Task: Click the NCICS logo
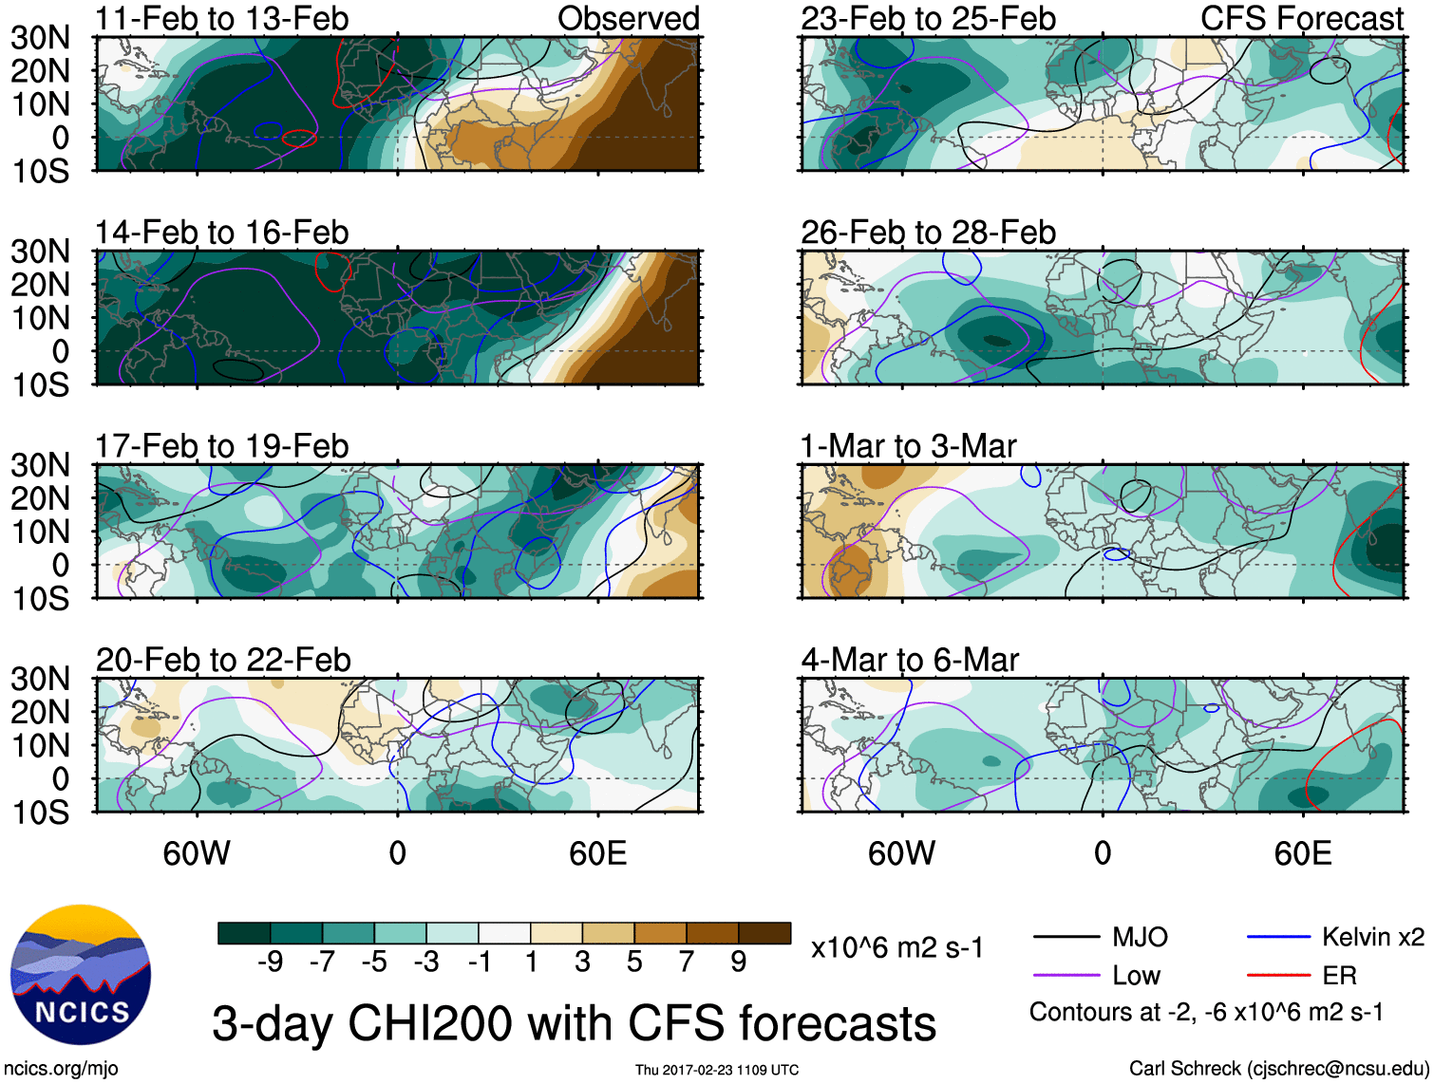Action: pos(81,975)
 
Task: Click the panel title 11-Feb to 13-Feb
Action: pos(221,18)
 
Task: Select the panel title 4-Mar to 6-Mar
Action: pos(909,659)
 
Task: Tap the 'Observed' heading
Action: pos(628,18)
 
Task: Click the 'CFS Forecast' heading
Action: pos(1301,18)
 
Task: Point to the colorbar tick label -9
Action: pos(270,963)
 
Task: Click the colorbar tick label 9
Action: pos(738,963)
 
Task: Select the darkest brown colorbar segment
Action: pos(764,933)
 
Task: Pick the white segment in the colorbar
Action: pos(504,933)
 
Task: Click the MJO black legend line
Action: pos(1066,938)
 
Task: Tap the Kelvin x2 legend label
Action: pos(1372,938)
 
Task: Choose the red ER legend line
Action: pos(1278,975)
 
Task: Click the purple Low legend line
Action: pos(1066,975)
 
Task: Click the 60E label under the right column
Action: pos(1302,853)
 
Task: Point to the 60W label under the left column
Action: pos(197,853)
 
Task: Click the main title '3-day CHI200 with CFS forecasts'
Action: pos(574,1023)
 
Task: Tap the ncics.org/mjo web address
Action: pos(61,1069)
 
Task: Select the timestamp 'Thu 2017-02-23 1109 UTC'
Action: pos(717,1070)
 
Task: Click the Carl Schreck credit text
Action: pos(1278,1069)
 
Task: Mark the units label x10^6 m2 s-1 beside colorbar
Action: pos(896,947)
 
